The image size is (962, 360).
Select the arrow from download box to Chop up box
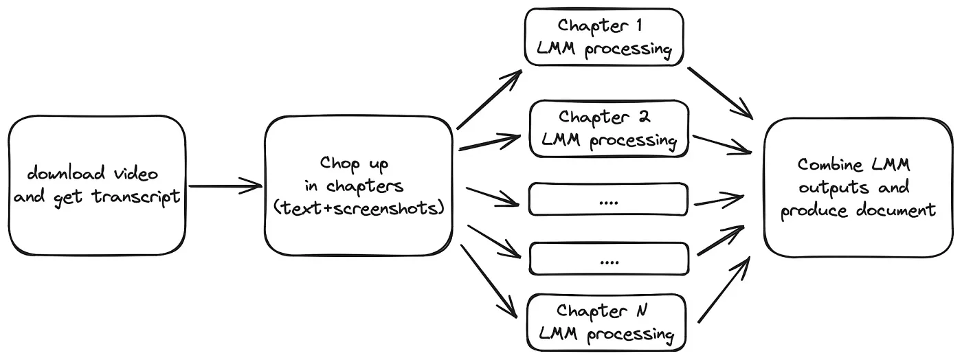coord(225,185)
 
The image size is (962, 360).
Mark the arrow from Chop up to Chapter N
coord(489,280)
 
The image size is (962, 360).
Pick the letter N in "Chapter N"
coord(641,311)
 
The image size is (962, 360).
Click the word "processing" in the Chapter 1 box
coord(629,50)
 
